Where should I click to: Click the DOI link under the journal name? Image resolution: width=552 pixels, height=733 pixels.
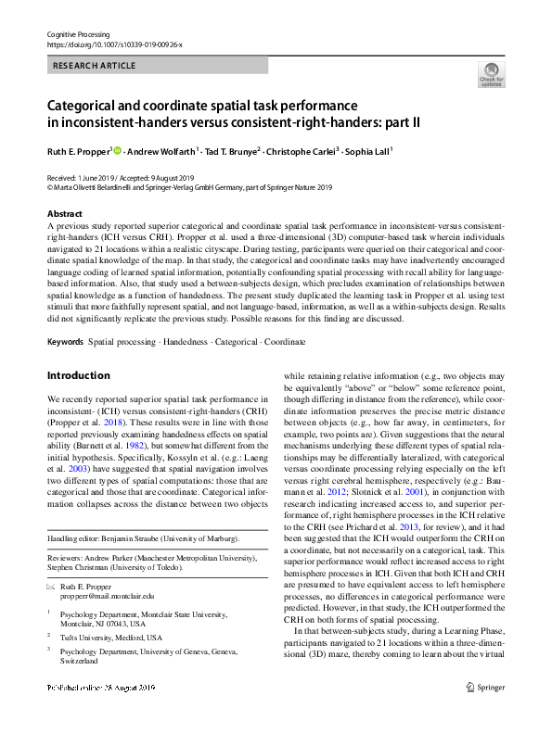(114, 44)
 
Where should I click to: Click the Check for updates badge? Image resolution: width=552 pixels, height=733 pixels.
(491, 74)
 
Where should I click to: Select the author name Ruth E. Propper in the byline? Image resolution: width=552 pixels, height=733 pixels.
(78, 149)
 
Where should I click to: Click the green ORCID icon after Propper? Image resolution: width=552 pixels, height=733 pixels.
(117, 148)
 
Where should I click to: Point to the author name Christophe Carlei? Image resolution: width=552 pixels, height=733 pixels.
(302, 149)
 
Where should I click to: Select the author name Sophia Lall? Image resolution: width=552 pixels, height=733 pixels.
(368, 149)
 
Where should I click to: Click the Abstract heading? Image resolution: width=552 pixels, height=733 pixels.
(65, 212)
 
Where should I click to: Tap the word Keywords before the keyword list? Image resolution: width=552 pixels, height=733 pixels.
(65, 316)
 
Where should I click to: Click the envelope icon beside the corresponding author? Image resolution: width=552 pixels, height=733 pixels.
(51, 588)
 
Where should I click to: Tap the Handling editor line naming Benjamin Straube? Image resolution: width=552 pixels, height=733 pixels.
(142, 538)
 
